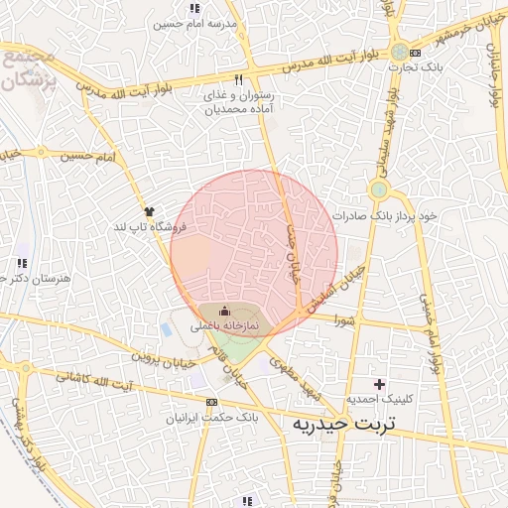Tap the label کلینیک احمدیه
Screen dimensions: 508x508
click(x=378, y=399)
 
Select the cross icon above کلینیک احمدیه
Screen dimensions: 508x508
click(x=378, y=383)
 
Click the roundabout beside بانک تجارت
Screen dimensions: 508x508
click(x=399, y=53)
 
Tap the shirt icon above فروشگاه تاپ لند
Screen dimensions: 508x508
click(x=150, y=211)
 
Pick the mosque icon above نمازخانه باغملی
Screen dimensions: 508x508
click(x=223, y=312)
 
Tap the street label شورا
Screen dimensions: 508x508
click(x=343, y=320)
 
